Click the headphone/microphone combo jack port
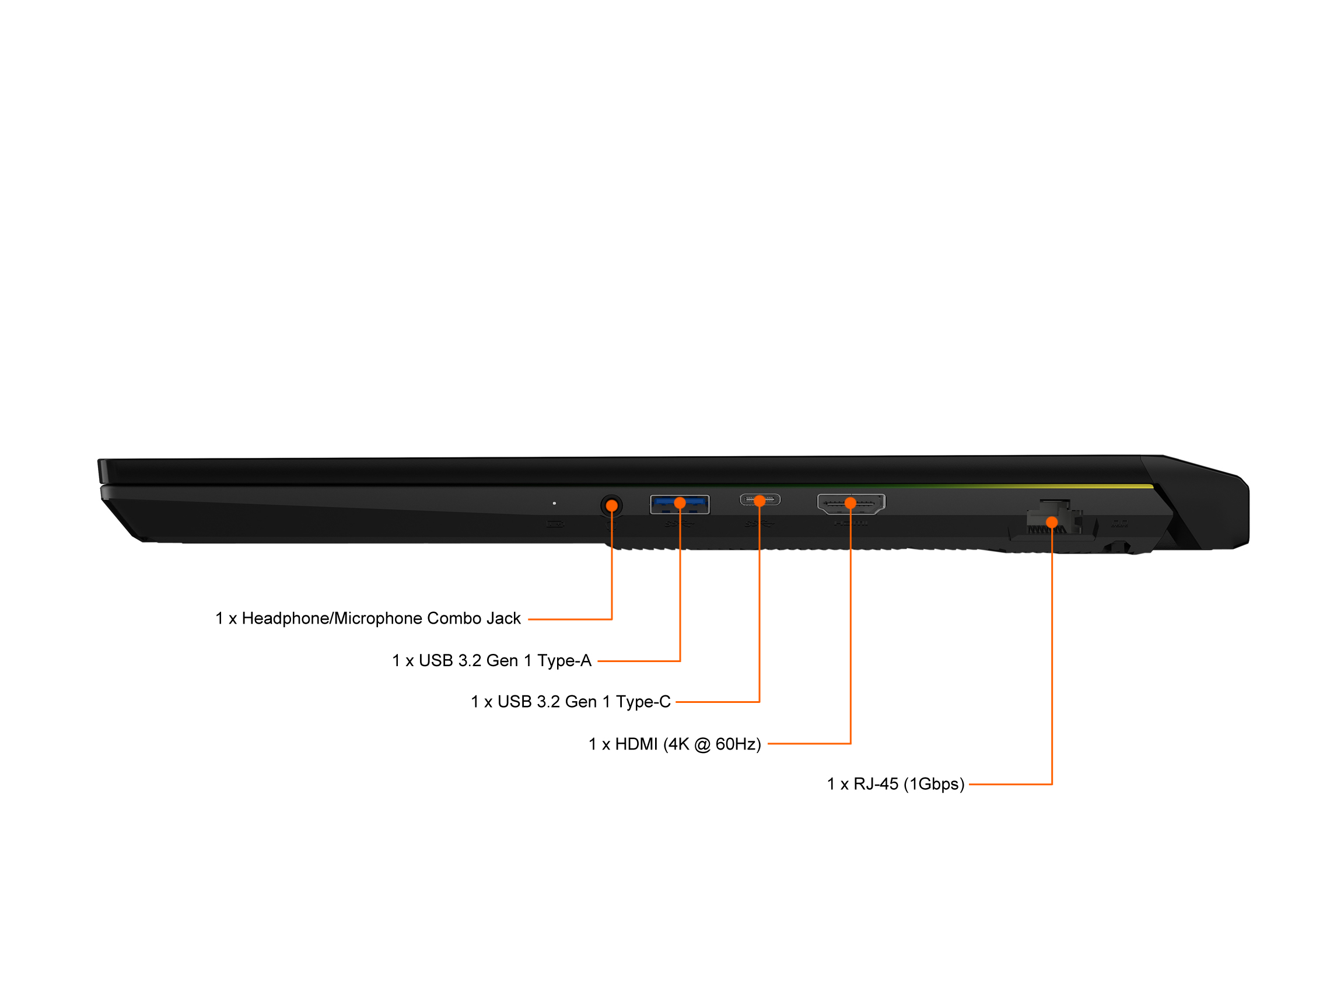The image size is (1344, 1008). point(611,506)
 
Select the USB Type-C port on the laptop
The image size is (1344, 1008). point(759,500)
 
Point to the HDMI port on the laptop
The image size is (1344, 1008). point(850,503)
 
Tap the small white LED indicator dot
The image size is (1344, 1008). point(554,503)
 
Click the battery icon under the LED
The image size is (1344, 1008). point(555,524)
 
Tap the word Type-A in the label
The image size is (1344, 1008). point(564,660)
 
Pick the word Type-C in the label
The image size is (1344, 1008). point(643,702)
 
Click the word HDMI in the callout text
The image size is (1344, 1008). point(636,744)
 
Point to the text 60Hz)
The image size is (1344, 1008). point(737,744)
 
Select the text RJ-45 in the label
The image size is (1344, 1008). point(876,785)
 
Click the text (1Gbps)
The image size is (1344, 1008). point(934,785)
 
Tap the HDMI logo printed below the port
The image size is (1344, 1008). point(850,523)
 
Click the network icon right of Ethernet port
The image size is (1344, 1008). point(1119,523)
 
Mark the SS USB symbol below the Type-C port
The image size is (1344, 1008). point(758,524)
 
